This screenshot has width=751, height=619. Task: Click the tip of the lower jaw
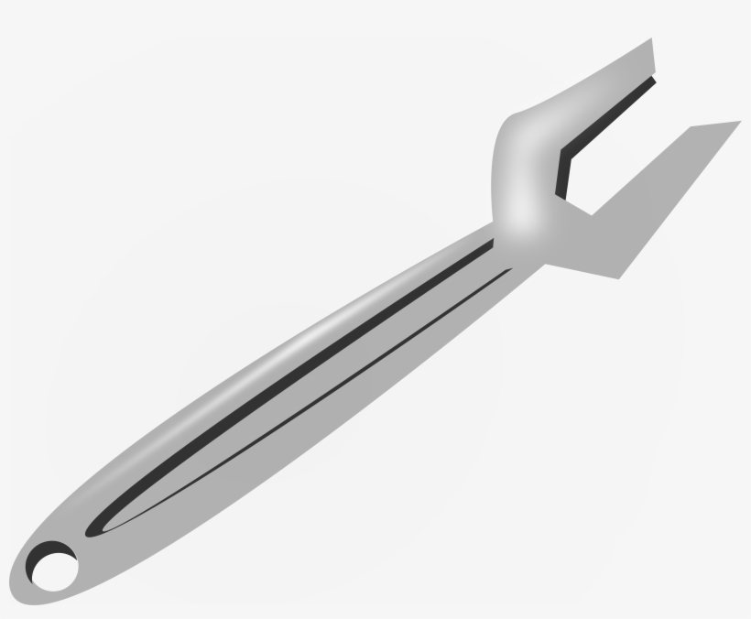pos(738,122)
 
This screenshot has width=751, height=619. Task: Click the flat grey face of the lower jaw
pos(641,211)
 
